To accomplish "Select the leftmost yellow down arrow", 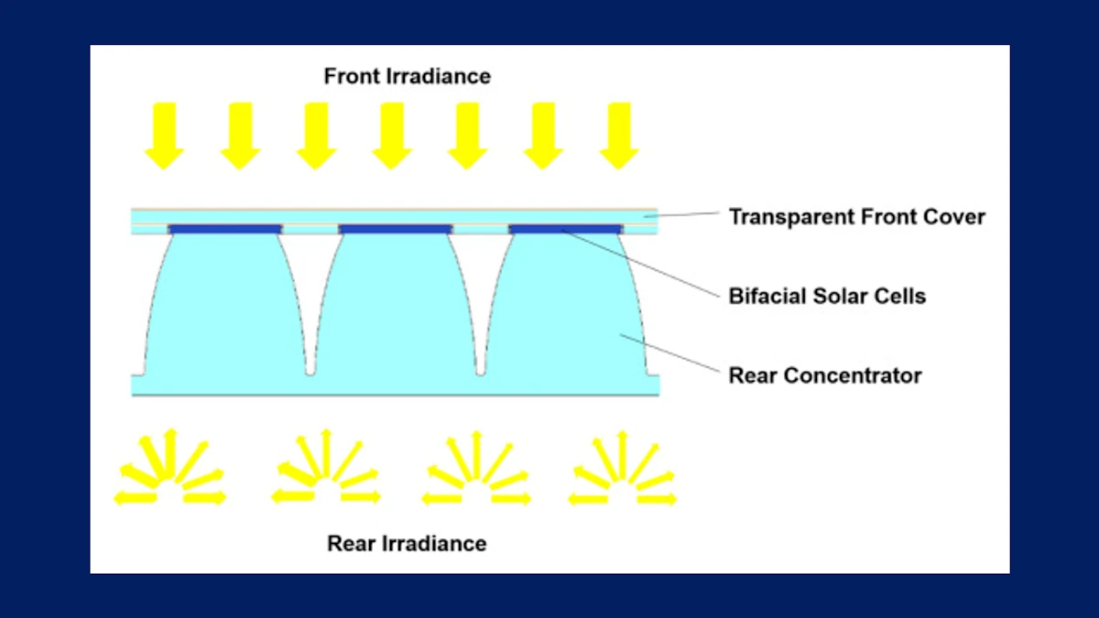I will pyautogui.click(x=165, y=136).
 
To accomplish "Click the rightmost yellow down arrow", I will pyautogui.click(x=619, y=136).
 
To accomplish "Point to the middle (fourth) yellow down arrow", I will pyautogui.click(x=392, y=136).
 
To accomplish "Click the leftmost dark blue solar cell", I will pyautogui.click(x=224, y=229).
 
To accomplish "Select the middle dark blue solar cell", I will pyautogui.click(x=395, y=229).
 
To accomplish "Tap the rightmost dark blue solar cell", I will pyautogui.click(x=565, y=229).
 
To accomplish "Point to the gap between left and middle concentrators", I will pyautogui.click(x=310, y=311).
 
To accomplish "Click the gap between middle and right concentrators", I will pyautogui.click(x=480, y=311).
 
